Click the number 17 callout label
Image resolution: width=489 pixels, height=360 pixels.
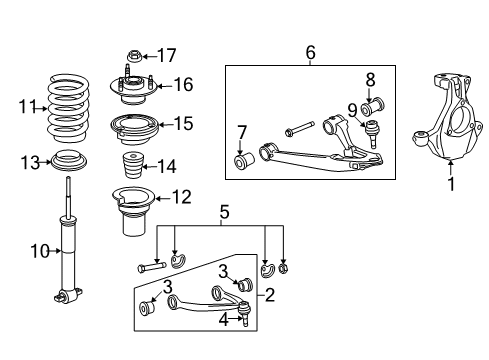[167, 55]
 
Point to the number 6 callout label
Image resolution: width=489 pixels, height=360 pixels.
[309, 51]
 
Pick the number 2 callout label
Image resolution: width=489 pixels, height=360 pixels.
[267, 294]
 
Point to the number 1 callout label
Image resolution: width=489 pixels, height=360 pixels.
[451, 185]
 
